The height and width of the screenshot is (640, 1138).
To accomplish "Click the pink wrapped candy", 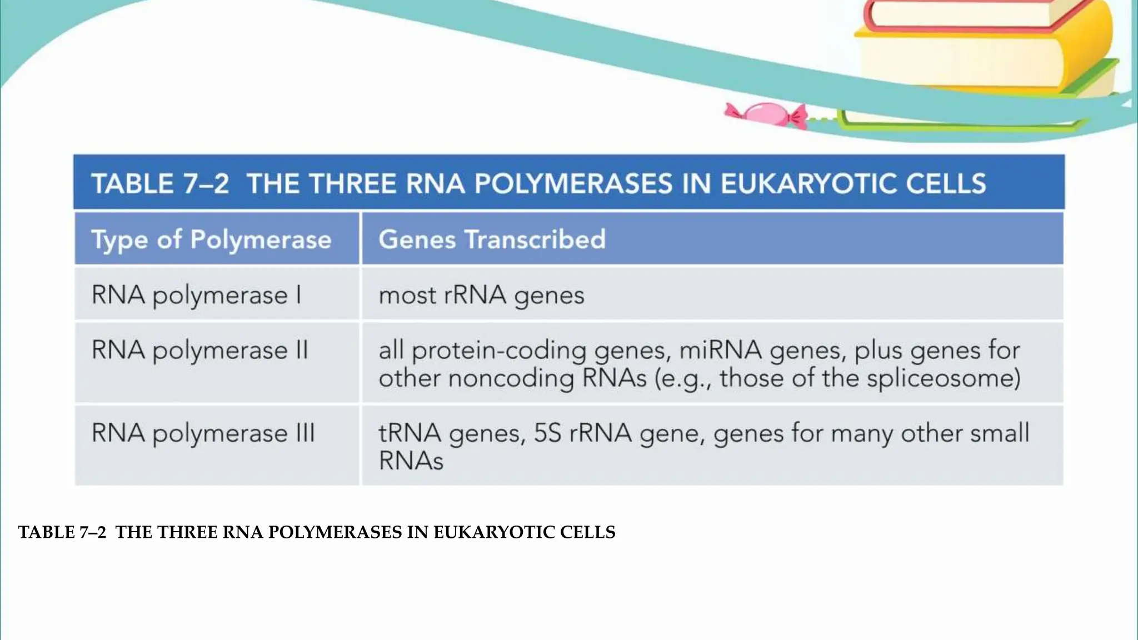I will point(766,113).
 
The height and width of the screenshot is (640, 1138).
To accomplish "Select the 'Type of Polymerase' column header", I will point(211,239).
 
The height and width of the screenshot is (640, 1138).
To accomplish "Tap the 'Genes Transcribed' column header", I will point(492,239).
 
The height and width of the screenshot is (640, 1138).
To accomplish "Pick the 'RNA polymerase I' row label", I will point(197,295).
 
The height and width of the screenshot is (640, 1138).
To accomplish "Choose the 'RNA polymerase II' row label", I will point(199,351).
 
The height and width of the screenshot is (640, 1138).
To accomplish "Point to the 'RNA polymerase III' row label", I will point(203,433).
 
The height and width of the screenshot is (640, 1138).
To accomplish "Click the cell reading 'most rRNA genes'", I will point(481,295).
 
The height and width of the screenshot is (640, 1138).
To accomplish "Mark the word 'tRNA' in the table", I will point(410,433).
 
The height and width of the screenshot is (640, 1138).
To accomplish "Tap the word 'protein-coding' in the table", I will point(499,351).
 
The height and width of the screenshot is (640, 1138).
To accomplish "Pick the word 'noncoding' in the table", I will point(511,378).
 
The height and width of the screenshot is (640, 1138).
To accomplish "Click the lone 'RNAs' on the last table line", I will point(411,461).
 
